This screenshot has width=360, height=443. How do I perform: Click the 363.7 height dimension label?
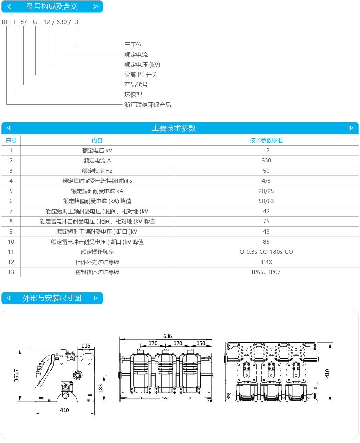[x=16, y=375]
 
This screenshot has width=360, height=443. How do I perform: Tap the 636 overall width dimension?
[x=167, y=336]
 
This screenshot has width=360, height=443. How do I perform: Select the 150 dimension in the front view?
[x=201, y=343]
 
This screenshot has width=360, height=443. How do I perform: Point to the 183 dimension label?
[x=100, y=388]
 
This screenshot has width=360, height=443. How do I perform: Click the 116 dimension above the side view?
[x=86, y=346]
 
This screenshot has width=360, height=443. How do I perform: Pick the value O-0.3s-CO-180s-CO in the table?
[x=266, y=252]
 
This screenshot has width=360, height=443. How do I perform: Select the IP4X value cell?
[x=266, y=262]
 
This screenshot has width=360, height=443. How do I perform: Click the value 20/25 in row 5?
[x=266, y=191]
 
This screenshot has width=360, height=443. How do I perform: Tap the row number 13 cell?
[x=11, y=272]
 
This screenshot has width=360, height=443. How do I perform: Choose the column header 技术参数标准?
[x=266, y=140]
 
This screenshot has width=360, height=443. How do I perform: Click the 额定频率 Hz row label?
[x=97, y=171]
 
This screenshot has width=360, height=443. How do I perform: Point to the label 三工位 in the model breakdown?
[x=133, y=45]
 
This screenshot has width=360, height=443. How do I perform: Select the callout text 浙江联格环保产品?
[x=148, y=105]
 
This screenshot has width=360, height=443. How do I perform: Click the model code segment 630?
[x=61, y=22]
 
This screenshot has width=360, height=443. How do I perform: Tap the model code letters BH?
[x=5, y=22]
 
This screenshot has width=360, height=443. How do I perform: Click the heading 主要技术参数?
[x=174, y=128]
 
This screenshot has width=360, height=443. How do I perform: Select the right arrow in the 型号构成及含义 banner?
[x=95, y=7]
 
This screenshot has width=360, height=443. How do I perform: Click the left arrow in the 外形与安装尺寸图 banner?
[x=9, y=298]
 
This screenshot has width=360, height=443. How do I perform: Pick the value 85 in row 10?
[x=266, y=242]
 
